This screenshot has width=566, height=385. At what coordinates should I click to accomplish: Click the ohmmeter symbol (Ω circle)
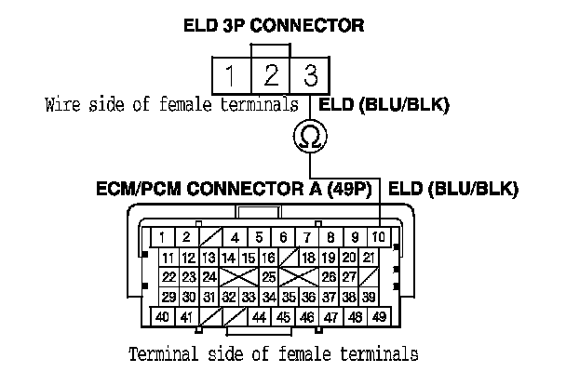(309, 138)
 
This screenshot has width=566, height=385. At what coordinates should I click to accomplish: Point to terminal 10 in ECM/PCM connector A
(379, 237)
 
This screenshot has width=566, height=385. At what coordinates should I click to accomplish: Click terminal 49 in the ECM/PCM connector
(379, 317)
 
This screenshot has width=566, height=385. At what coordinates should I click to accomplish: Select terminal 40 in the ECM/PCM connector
(162, 317)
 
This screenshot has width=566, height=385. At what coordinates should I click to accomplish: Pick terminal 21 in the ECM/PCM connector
(370, 257)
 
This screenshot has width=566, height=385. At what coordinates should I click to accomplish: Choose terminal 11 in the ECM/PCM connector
(168, 257)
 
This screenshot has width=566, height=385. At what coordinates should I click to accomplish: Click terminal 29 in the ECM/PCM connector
(168, 297)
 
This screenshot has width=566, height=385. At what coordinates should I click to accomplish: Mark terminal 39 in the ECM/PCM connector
(370, 297)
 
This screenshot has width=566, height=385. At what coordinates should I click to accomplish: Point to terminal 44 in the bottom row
(260, 317)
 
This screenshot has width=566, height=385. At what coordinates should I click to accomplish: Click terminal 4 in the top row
(236, 237)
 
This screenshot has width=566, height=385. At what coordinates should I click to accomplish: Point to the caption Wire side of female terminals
(171, 104)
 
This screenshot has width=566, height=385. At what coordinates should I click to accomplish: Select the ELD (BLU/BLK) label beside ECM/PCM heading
(452, 190)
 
